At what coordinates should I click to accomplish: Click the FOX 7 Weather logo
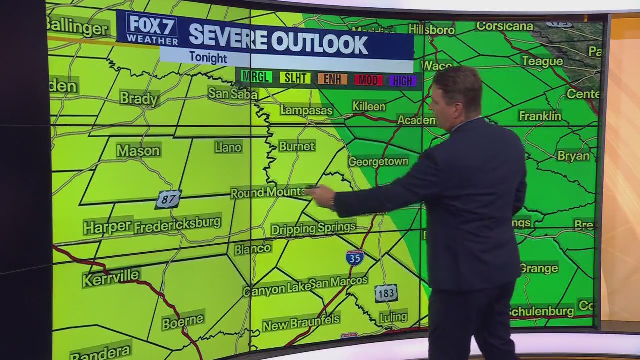tap(152, 29)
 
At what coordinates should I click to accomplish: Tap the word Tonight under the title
tap(208, 58)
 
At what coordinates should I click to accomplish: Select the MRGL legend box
tap(256, 77)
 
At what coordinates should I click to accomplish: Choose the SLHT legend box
tap(295, 78)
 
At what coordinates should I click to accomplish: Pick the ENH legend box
tap(332, 79)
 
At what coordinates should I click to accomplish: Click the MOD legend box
tap(368, 80)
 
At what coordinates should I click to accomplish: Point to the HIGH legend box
tap(402, 81)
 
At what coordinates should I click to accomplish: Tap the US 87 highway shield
tap(168, 199)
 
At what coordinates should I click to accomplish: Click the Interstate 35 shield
tap(354, 257)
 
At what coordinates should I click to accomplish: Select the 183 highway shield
tap(386, 293)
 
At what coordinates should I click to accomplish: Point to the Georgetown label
tap(378, 162)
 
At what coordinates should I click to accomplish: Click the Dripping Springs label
tap(313, 228)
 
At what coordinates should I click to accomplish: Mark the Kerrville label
tap(111, 277)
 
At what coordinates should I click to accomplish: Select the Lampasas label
tap(306, 110)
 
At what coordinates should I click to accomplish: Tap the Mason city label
tap(138, 150)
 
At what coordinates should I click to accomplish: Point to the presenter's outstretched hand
tap(322, 196)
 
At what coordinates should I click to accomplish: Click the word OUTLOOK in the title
tap(320, 43)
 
